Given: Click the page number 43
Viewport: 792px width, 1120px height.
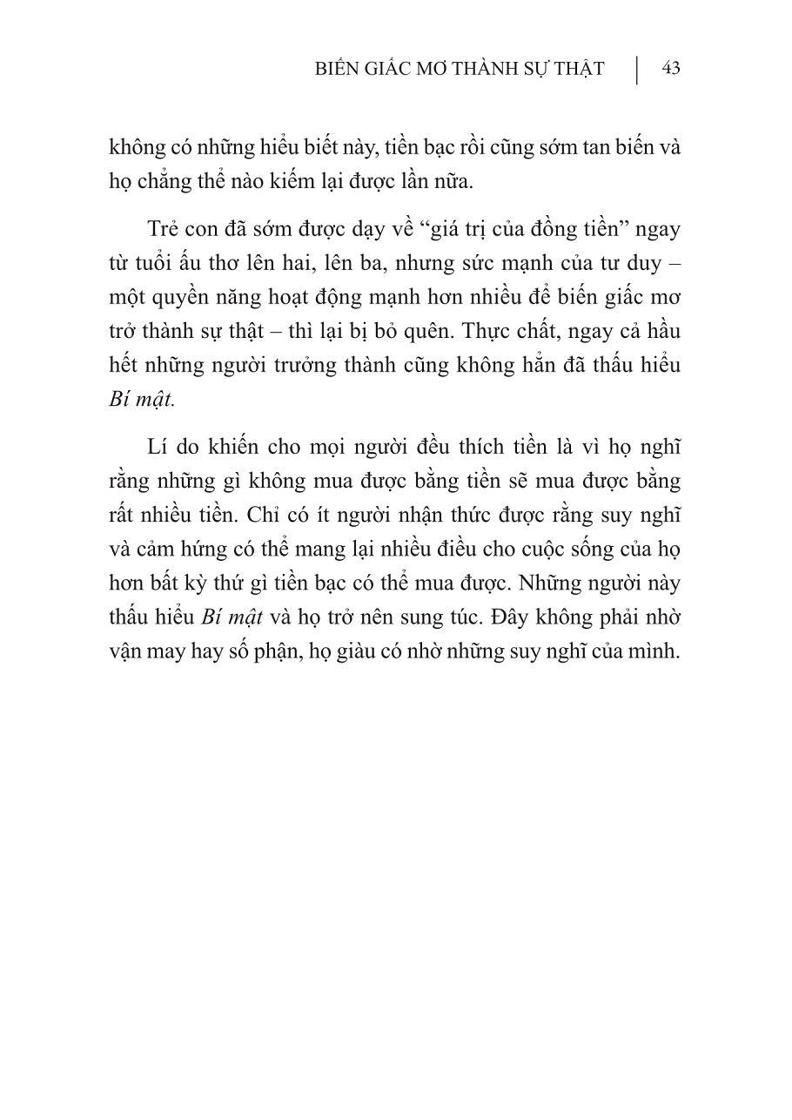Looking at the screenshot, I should [670, 69].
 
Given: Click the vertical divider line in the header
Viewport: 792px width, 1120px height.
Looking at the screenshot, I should [636, 70].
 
